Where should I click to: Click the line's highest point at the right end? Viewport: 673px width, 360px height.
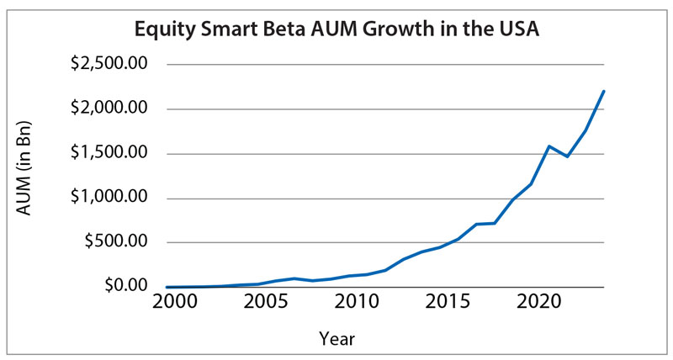coord(604,91)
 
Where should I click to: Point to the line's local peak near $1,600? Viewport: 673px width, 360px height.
coord(549,146)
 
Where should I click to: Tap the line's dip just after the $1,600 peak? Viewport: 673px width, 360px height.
coord(567,156)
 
